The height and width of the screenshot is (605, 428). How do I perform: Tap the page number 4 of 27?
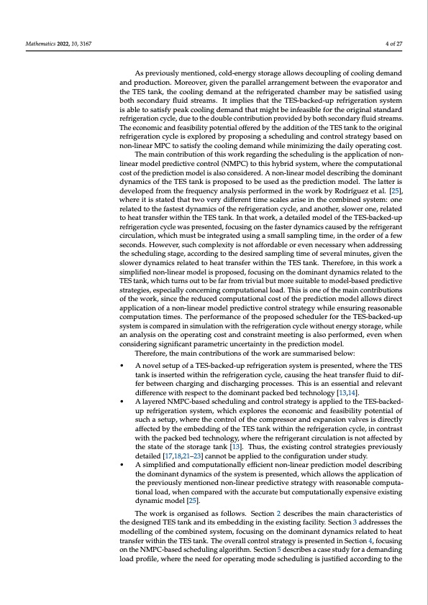394,45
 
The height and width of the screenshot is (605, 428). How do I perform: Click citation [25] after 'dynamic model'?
192,501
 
